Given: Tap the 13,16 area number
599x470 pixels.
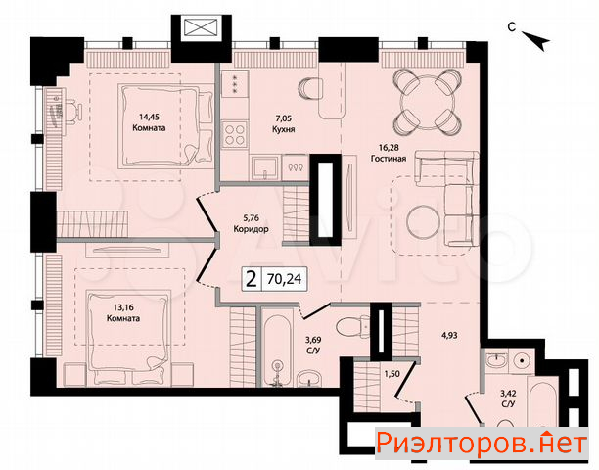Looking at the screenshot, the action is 123,306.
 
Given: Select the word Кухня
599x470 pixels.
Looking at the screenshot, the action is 284,129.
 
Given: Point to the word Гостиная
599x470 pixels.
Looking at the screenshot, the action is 389,158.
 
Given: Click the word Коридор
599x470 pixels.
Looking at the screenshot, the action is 251,229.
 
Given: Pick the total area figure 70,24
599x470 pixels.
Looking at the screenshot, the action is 284,279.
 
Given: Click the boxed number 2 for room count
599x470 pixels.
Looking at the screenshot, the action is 252,279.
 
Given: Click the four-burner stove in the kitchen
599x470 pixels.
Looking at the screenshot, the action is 234,134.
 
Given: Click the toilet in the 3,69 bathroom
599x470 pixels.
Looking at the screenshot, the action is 350,326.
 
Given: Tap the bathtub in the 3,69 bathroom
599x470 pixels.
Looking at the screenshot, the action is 277,350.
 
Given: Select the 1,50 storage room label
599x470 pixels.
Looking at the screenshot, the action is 392,374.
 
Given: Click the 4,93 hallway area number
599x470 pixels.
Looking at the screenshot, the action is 449,336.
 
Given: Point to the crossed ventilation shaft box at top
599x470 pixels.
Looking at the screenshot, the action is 201,28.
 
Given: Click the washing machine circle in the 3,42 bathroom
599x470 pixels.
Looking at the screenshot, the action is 520,360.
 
